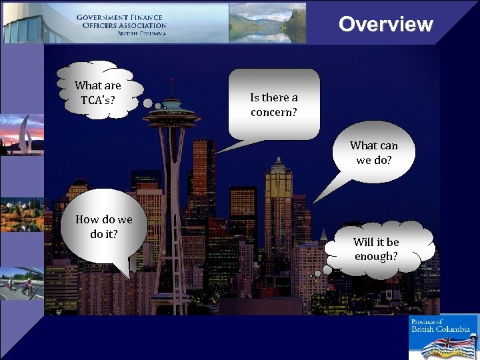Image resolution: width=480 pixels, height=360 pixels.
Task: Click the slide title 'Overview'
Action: coord(385,24)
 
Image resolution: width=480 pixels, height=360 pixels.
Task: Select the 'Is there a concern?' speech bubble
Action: coord(274,104)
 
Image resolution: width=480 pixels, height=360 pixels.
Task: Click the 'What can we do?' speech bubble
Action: coord(373,152)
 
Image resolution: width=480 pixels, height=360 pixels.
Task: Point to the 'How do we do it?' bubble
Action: coord(104,227)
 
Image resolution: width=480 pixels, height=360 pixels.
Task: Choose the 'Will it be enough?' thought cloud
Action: coord(377,249)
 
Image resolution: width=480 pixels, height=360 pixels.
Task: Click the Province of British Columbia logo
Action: coord(443,337)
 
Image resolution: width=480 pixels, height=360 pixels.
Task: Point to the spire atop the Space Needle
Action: coord(171,87)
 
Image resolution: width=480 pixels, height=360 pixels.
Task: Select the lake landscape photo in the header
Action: coord(267,23)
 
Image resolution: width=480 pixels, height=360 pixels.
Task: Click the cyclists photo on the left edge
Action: coord(21,283)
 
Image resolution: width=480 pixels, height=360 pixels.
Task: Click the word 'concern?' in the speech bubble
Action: coord(274,111)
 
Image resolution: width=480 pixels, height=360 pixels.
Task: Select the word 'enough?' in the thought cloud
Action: coord(377,256)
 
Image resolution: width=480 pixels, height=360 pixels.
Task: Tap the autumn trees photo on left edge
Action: coord(21,213)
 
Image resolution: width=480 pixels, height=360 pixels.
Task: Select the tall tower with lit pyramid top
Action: coord(278,200)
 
